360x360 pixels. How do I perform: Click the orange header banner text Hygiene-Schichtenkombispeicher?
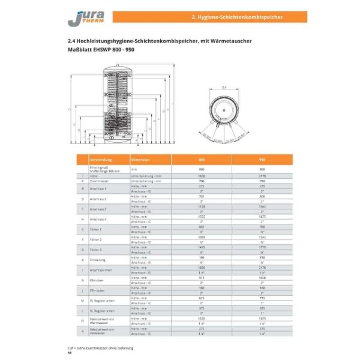tap(244, 17)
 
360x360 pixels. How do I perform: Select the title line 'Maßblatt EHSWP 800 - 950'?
tap(101, 49)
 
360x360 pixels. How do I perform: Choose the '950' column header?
tap(262, 160)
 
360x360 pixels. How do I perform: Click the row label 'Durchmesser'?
tap(99, 180)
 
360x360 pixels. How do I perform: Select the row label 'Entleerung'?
tap(98, 260)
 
